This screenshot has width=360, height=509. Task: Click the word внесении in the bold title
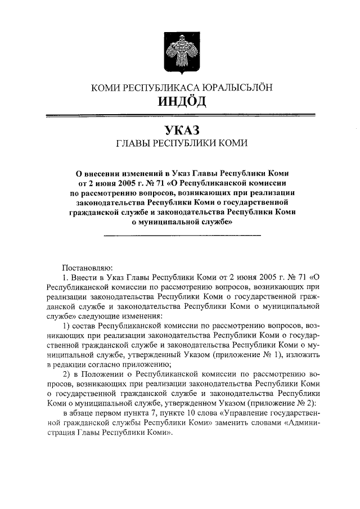(109, 172)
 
